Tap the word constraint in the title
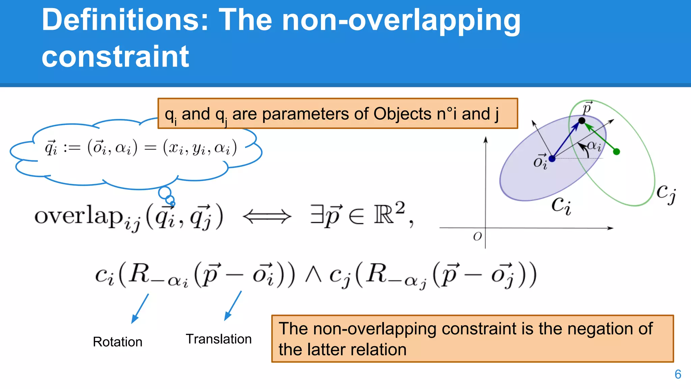tap(115, 56)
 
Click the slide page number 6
tap(678, 374)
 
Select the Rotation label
tap(117, 342)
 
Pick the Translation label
tap(219, 339)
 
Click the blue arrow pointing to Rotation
tap(140, 308)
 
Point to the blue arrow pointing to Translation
tap(233, 306)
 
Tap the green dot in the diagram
tap(616, 152)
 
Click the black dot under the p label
tap(582, 121)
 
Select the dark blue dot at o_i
tap(552, 158)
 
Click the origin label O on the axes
tap(477, 236)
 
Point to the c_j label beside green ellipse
tap(666, 193)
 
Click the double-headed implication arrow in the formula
tap(267, 216)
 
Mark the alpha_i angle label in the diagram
tap(594, 146)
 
